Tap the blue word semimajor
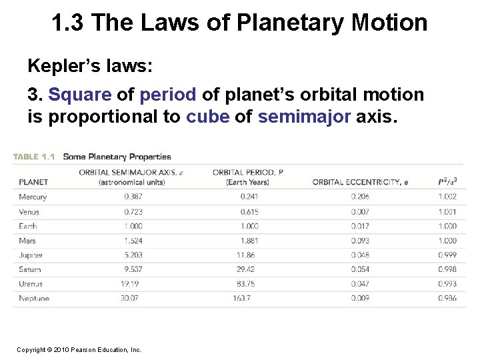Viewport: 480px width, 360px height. point(304,117)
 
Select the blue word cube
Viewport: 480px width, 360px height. point(208,117)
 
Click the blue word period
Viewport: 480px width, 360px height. point(168,95)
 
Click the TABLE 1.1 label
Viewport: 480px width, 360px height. point(34,157)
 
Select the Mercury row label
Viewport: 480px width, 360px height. point(33,197)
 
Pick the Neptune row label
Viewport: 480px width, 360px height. point(34,298)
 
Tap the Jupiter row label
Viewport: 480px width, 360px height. point(31,255)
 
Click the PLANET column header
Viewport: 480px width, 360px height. point(33,182)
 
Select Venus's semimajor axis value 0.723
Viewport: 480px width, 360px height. point(133,211)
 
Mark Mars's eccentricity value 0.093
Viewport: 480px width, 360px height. point(360,241)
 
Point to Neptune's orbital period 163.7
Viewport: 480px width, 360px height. point(241,298)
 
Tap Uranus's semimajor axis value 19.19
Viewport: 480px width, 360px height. point(130,284)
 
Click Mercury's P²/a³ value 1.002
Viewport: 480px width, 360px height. point(447,197)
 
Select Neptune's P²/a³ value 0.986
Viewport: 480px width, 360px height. point(447,298)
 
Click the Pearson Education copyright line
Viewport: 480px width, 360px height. point(79,349)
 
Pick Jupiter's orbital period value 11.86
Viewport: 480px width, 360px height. point(245,255)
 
